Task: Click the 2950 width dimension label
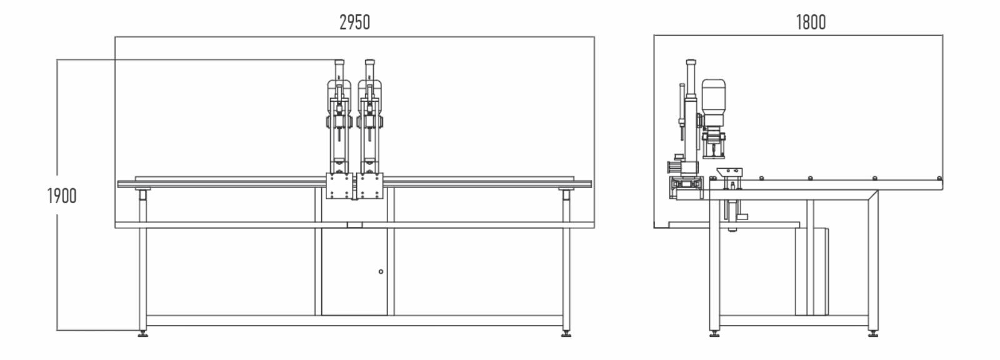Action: [354, 22]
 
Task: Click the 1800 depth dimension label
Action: [811, 22]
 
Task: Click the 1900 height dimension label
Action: [62, 196]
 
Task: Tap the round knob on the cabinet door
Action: [381, 271]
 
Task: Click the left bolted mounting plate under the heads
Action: [339, 186]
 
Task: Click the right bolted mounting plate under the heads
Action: [369, 186]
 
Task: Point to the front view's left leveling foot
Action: [143, 334]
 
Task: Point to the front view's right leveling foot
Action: [566, 334]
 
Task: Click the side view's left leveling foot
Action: [714, 334]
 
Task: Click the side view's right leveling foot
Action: [873, 334]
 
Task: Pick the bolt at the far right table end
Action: [939, 179]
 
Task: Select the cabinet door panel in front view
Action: [354, 272]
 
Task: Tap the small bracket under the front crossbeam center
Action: [354, 225]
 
